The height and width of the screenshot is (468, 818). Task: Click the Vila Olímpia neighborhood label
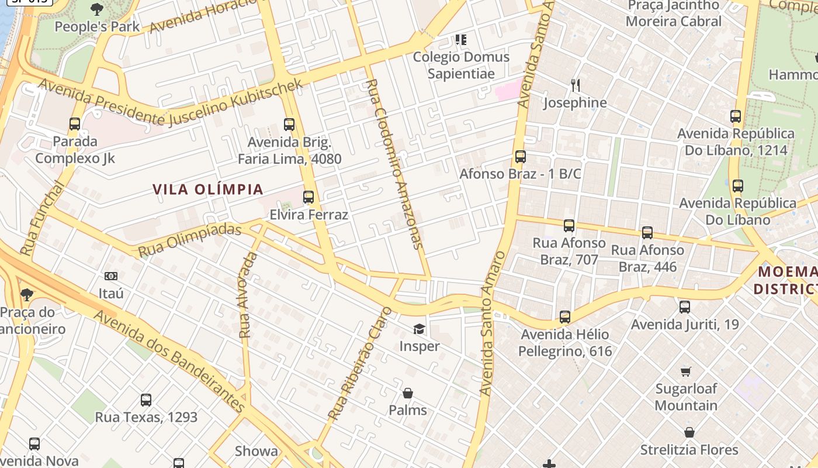click(208, 190)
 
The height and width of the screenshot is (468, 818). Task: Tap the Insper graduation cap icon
click(419, 329)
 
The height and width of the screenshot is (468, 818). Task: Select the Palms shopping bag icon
click(407, 393)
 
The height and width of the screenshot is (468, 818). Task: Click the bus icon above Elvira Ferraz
click(309, 197)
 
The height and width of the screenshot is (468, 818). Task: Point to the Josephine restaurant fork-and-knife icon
click(576, 85)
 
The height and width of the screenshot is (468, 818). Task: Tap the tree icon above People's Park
click(97, 9)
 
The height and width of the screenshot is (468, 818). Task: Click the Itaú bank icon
click(111, 276)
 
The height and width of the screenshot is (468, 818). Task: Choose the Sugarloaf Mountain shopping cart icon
click(686, 371)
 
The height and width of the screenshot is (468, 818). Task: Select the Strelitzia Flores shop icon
click(689, 432)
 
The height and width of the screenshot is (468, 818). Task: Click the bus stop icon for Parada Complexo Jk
click(75, 124)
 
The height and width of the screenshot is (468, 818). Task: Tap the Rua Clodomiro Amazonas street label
click(394, 164)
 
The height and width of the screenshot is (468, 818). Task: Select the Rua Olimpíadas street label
click(189, 240)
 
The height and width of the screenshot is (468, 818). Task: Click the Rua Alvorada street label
click(248, 295)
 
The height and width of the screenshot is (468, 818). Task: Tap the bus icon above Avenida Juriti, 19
click(685, 307)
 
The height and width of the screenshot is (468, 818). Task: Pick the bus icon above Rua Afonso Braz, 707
click(569, 225)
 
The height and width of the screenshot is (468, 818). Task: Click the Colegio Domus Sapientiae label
click(461, 65)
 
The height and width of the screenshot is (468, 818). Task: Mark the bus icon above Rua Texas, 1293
click(146, 400)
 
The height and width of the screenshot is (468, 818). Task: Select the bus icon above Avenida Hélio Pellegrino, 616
click(565, 317)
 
